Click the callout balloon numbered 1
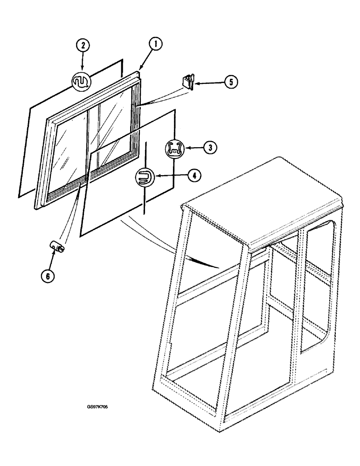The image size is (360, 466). pyautogui.click(x=155, y=45)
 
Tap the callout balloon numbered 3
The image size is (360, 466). pyautogui.click(x=210, y=148)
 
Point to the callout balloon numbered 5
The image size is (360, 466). pyautogui.click(x=230, y=82)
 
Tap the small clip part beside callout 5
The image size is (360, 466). pyautogui.click(x=187, y=82)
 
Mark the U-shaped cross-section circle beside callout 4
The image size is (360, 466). pyautogui.click(x=144, y=178)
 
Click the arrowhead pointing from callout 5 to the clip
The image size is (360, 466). pyautogui.click(x=196, y=83)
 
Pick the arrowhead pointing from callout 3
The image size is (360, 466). pyautogui.click(x=186, y=148)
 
